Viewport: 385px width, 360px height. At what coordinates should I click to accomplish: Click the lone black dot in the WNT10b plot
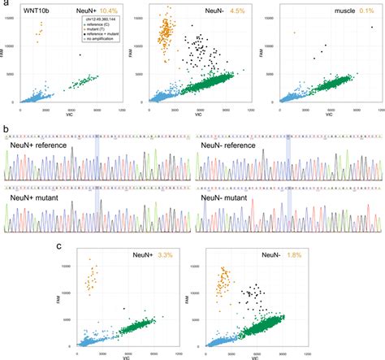[80, 55]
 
